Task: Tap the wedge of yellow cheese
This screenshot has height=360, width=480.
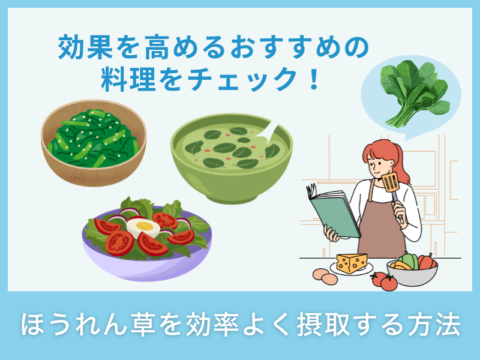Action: (x=352, y=262)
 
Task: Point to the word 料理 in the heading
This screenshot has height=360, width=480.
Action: (x=124, y=80)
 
